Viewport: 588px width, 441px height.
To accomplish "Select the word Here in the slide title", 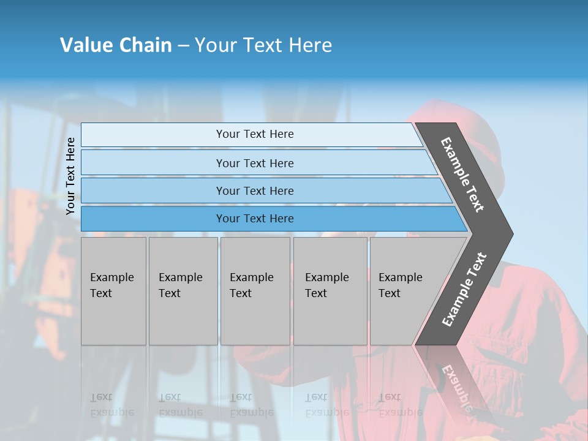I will (x=310, y=45).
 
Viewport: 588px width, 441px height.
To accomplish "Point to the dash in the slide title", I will (x=183, y=46).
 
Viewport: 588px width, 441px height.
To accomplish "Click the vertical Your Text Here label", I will (x=70, y=176).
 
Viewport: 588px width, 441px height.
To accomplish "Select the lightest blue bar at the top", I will (x=254, y=134).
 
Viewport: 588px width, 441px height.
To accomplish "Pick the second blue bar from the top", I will (x=254, y=163).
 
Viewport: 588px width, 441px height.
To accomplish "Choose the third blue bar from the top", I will (x=254, y=190).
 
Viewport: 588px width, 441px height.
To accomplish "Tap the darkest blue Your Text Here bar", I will (x=254, y=219).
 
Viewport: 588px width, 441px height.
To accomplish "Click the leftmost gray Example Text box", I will (x=113, y=291).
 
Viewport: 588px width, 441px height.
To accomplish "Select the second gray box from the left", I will (x=183, y=291).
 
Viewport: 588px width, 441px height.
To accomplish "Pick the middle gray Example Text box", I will (x=255, y=291).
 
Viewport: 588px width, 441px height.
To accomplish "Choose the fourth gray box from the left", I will (x=330, y=291).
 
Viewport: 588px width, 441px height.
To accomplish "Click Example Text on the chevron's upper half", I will (x=462, y=175).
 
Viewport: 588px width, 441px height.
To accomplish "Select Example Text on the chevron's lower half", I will (x=464, y=289).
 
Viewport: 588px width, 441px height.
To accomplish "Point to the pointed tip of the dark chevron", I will (x=511, y=233).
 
